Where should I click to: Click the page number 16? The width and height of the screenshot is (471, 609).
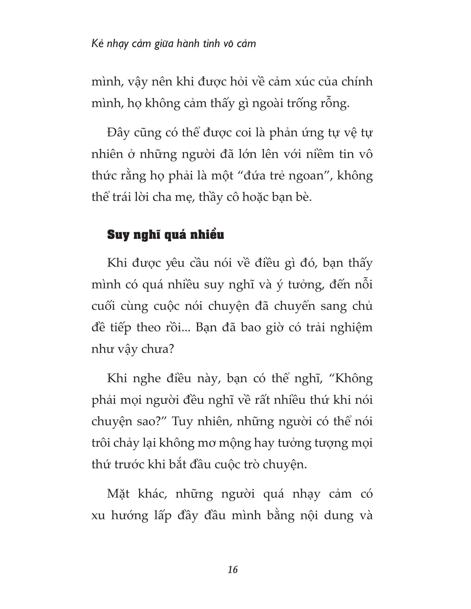pyautogui.click(x=233, y=569)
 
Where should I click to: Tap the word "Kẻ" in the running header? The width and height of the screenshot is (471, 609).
pyautogui.click(x=97, y=44)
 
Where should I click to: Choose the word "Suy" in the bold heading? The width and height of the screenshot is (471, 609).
pyautogui.click(x=117, y=235)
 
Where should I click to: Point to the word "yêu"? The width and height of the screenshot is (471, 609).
pyautogui.click(x=174, y=263)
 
